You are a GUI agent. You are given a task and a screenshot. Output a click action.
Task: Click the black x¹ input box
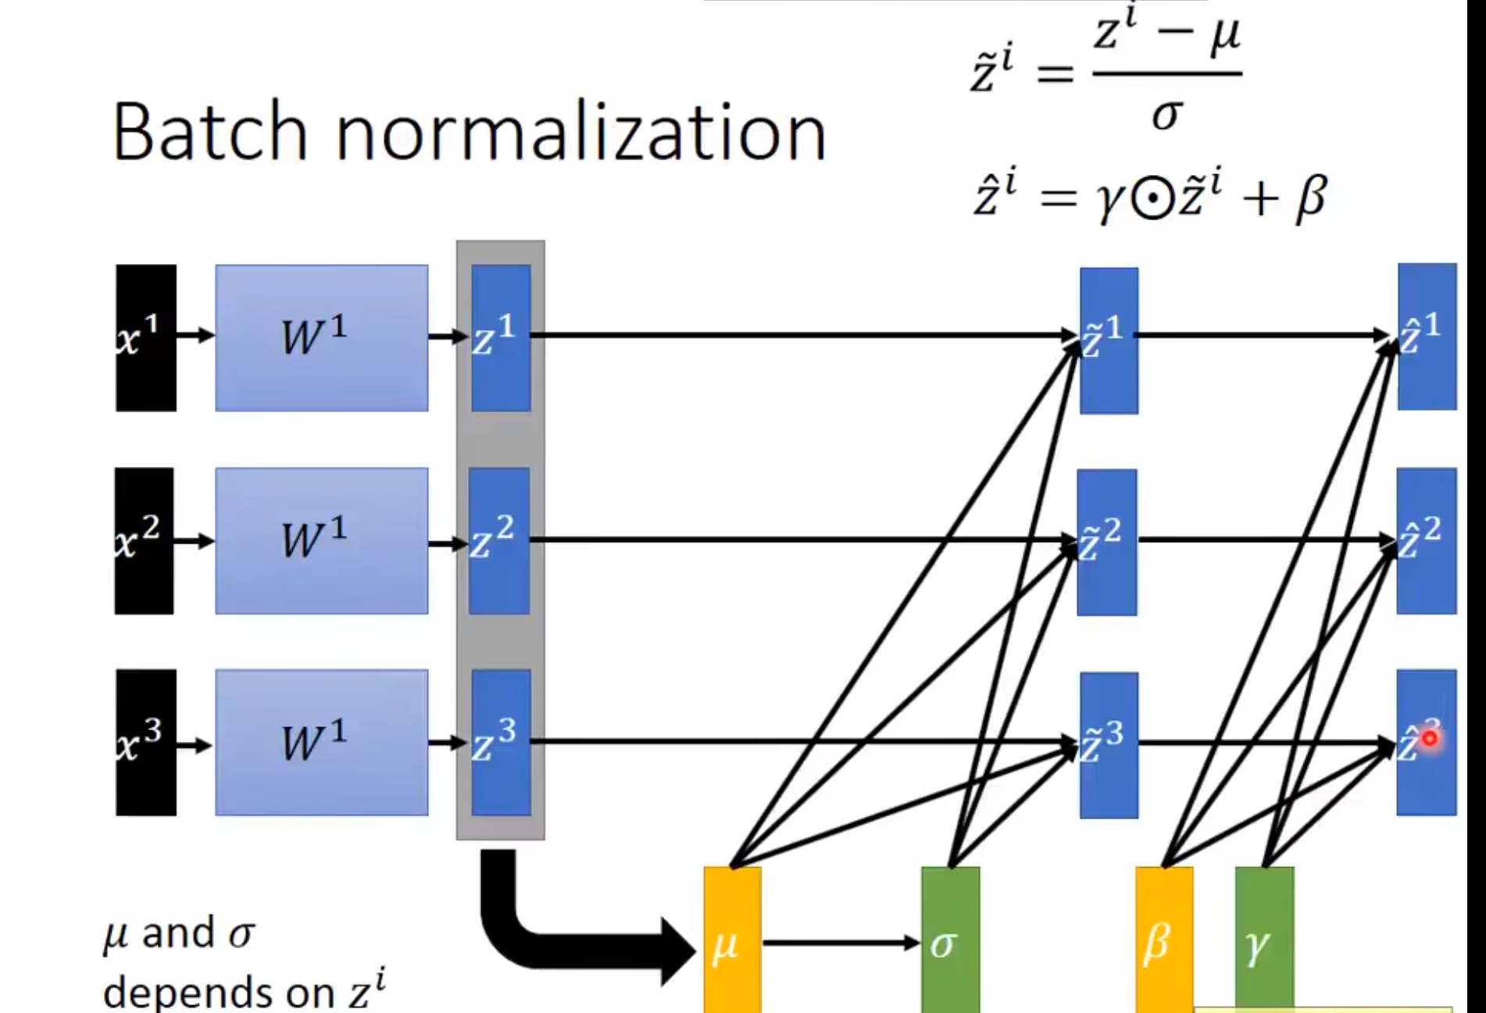click(x=146, y=337)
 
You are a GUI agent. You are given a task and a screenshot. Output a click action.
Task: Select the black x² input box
click(x=145, y=540)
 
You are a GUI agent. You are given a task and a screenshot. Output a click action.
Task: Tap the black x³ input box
click(x=146, y=742)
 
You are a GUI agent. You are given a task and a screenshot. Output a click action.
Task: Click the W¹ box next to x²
click(x=321, y=540)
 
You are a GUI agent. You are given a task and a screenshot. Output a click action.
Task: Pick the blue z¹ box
click(x=501, y=337)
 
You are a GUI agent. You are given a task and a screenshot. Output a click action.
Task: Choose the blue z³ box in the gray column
click(x=501, y=742)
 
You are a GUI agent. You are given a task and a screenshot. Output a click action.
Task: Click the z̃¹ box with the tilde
click(x=1109, y=341)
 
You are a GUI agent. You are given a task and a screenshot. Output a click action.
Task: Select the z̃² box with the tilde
click(x=1107, y=542)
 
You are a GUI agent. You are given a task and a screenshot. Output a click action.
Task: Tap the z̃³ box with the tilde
click(x=1109, y=745)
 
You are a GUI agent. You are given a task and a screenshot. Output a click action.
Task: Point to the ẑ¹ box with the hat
click(x=1427, y=337)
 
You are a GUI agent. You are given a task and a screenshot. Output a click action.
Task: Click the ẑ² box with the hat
click(x=1427, y=540)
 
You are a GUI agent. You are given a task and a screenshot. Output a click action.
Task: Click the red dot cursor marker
click(x=1430, y=738)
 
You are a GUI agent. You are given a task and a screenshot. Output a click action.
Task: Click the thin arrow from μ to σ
click(x=840, y=943)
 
